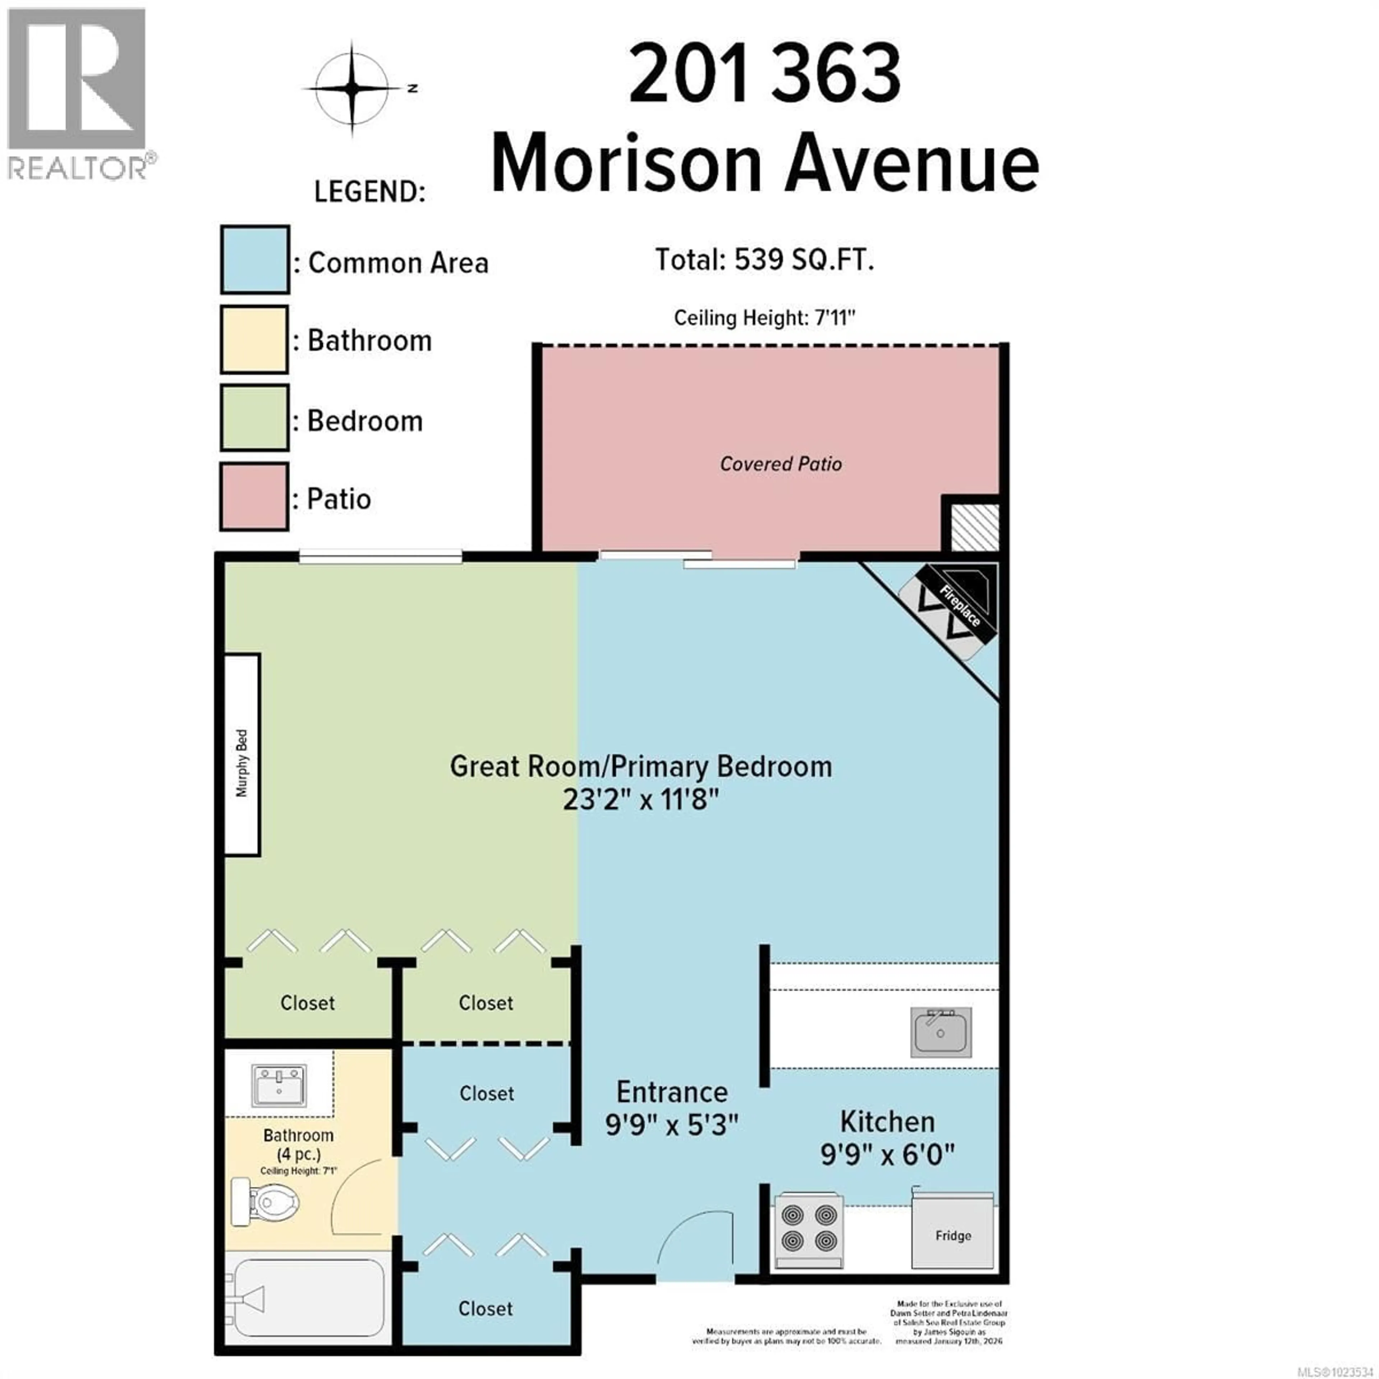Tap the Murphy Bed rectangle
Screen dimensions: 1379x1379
coord(242,754)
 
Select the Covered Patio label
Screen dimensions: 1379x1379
coord(781,464)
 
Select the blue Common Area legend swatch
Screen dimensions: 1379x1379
coord(254,260)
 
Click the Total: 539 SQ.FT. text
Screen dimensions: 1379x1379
coord(765,260)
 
